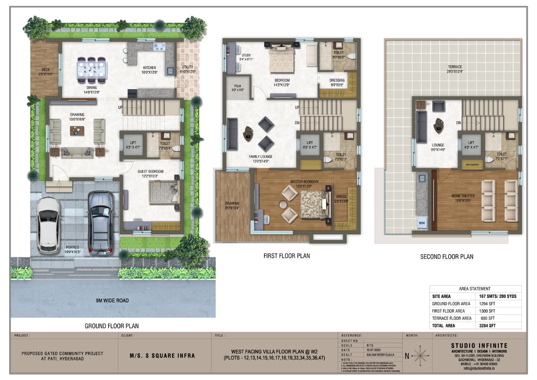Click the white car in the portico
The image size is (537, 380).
tap(49, 225)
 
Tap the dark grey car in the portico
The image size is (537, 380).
tap(100, 223)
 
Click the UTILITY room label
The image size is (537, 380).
tap(188, 68)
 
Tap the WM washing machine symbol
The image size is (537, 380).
tap(421, 223)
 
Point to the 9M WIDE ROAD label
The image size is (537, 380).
tap(113, 300)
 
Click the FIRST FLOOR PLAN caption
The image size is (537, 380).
tap(287, 256)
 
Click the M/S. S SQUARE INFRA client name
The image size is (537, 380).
tap(162, 356)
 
